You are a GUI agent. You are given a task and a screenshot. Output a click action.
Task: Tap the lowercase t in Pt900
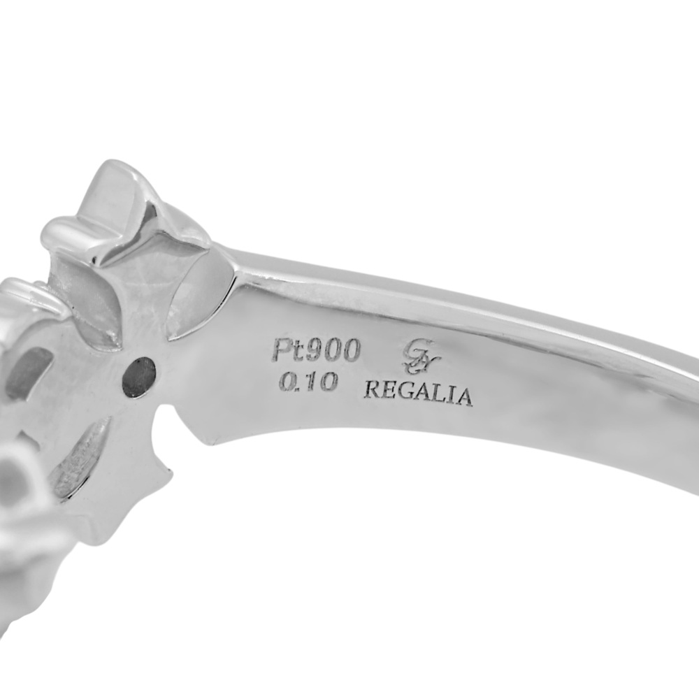point(296,352)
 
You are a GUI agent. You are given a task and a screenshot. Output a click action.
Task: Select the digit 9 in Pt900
point(312,352)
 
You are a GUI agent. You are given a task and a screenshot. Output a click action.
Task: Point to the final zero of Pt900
point(349,352)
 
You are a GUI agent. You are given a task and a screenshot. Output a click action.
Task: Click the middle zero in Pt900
point(331,352)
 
